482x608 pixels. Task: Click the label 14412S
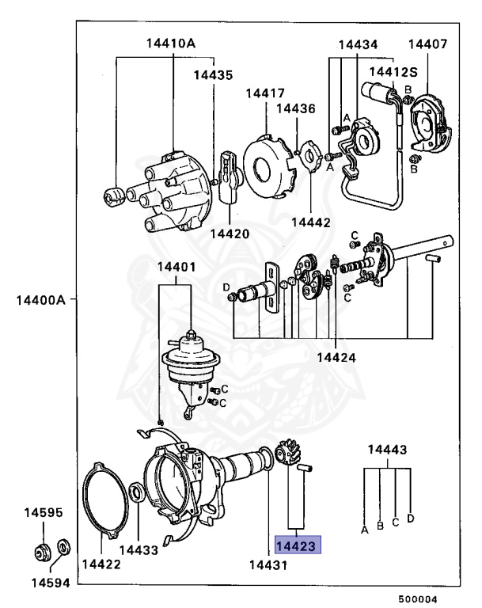[395, 71]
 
